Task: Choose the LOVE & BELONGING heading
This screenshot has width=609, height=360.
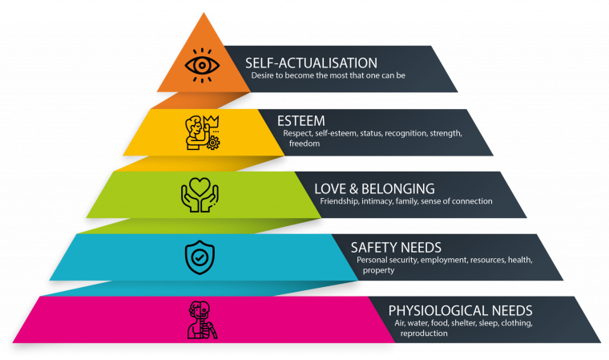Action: pos(374,188)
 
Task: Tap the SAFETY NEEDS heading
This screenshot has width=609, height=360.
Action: pos(396,248)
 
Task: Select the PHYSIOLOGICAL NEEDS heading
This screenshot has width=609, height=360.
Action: pos(460,310)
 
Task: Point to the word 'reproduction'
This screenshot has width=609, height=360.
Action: pos(425,333)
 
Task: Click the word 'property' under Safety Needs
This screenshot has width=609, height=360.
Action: pos(378,271)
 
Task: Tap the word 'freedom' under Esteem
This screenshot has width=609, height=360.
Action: pos(304,144)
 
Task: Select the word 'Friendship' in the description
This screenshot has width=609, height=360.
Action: pos(340,201)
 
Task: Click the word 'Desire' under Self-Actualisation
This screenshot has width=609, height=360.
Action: pos(263,76)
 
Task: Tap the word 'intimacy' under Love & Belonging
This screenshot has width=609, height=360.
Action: pos(383,201)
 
